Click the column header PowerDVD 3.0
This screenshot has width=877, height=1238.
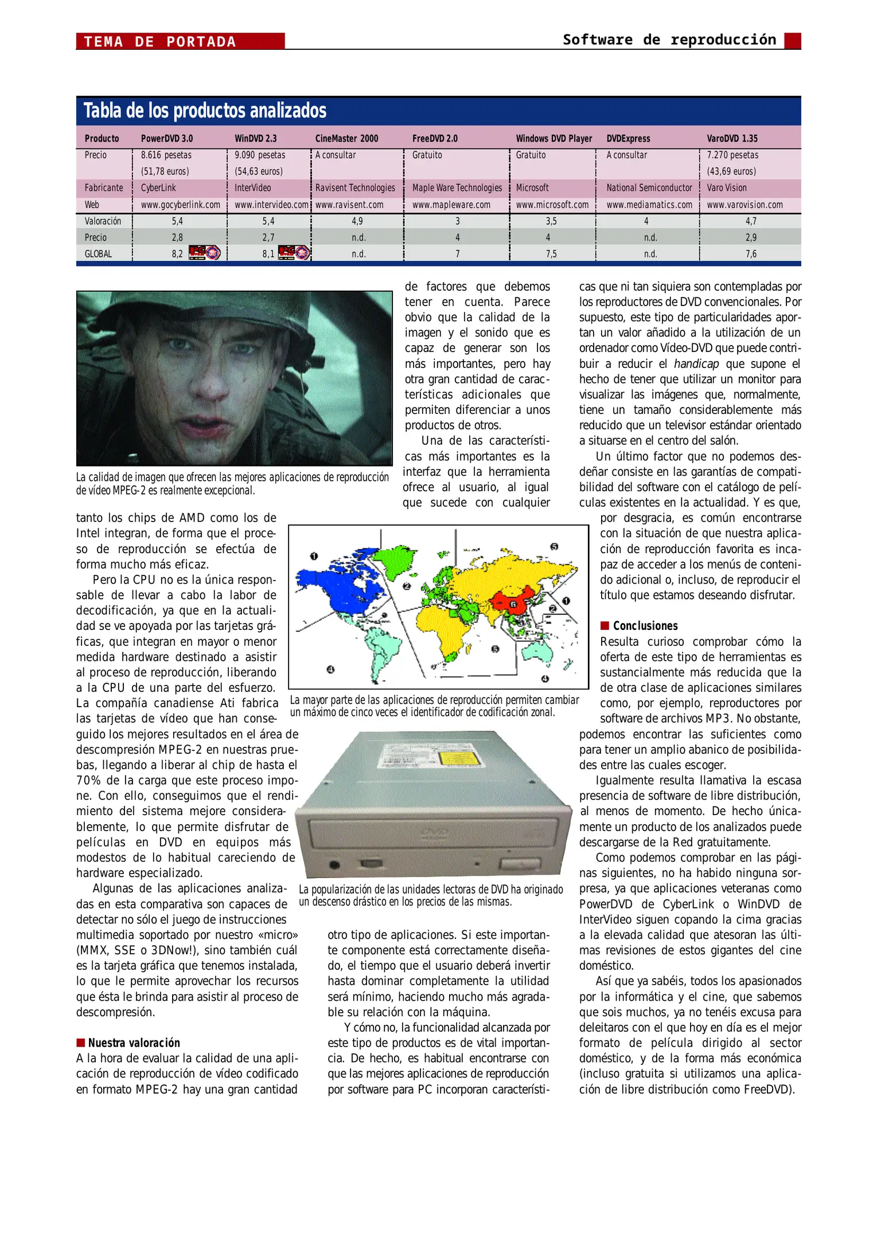pyautogui.click(x=167, y=138)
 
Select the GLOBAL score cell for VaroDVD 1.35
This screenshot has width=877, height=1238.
pyautogui.click(x=750, y=254)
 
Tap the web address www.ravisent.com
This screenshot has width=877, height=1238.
pyautogui.click(x=349, y=205)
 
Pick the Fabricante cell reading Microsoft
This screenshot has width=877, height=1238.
pyautogui.click(x=532, y=188)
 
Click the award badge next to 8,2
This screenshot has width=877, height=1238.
pyautogui.click(x=205, y=253)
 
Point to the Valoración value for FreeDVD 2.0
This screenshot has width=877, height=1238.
pyautogui.click(x=457, y=221)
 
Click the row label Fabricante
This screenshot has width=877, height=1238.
pyautogui.click(x=104, y=188)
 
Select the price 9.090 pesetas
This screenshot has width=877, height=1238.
pyautogui.click(x=260, y=155)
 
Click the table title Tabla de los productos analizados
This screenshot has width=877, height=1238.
pyautogui.click(x=205, y=111)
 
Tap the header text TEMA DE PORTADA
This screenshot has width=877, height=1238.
pyautogui.click(x=160, y=42)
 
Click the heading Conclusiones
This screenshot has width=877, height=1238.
pyautogui.click(x=645, y=626)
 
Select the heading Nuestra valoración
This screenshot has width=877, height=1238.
pyautogui.click(x=134, y=1043)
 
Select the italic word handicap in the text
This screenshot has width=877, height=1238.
pyautogui.click(x=696, y=364)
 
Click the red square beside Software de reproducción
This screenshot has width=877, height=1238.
pyautogui.click(x=792, y=41)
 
